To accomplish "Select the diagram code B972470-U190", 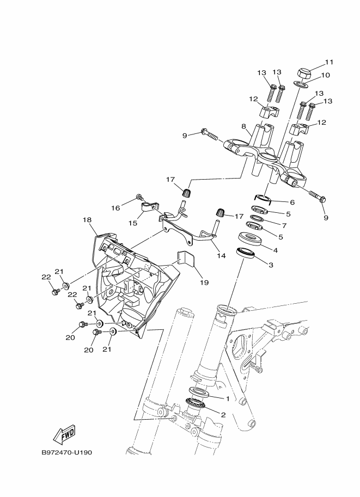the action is [67, 452].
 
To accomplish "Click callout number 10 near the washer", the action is [326, 75].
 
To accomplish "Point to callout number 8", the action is [243, 126].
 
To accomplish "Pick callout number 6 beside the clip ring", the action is [292, 202].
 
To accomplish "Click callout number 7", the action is [284, 226].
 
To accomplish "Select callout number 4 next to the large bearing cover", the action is [276, 250].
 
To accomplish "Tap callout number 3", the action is [271, 265].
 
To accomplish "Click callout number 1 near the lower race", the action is [227, 398].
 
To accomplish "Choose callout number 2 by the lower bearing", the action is [223, 415].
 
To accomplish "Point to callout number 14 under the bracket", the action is [221, 255].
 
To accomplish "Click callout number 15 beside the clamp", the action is [133, 223].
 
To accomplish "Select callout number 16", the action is [116, 208].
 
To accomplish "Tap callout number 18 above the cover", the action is [87, 220].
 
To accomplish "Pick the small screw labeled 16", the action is [138, 198].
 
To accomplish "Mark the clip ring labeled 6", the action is [263, 199].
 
